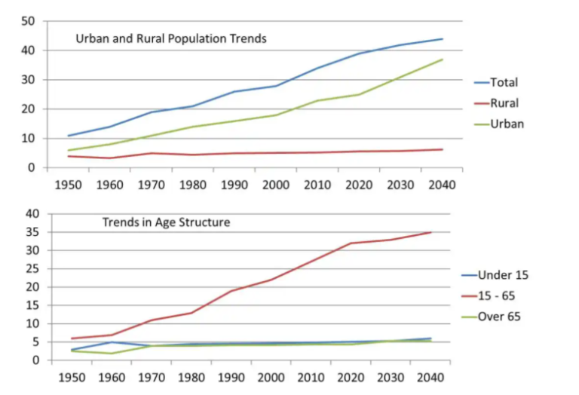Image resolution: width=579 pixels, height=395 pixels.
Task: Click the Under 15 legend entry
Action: point(505,274)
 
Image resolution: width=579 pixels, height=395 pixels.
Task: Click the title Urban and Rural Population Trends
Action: point(171,38)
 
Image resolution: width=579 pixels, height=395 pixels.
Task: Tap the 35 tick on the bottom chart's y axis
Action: point(32,232)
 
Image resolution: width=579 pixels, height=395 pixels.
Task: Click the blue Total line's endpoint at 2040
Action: point(443,38)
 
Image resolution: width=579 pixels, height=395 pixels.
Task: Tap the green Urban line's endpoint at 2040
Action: point(443,60)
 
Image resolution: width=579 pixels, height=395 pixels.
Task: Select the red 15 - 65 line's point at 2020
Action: point(350,243)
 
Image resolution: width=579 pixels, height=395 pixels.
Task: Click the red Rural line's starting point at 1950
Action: point(69,156)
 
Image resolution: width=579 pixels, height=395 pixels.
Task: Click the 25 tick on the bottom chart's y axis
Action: point(32,268)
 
